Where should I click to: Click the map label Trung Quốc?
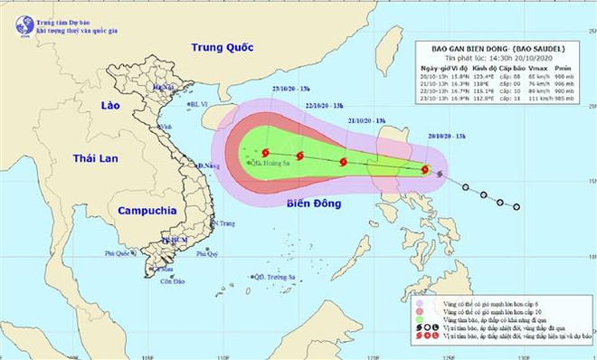coord(219,47)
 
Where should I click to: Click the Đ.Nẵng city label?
coord(210,166)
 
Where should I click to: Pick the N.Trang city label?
coord(225,223)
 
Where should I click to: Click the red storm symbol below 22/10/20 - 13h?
coord(343,163)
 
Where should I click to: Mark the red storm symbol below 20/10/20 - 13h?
coord(425,169)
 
